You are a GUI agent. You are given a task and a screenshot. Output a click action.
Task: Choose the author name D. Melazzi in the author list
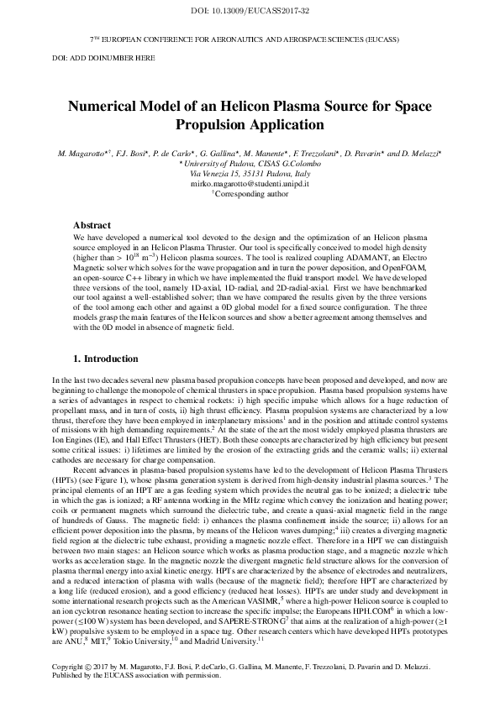point(418,156)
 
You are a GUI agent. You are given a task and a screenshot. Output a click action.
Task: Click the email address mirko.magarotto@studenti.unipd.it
point(250,182)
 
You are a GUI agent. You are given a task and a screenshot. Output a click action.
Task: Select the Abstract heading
point(92,226)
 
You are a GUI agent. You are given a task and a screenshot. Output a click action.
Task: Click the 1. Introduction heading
point(107,359)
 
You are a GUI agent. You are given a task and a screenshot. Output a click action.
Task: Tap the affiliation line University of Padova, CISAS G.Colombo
point(250,165)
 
